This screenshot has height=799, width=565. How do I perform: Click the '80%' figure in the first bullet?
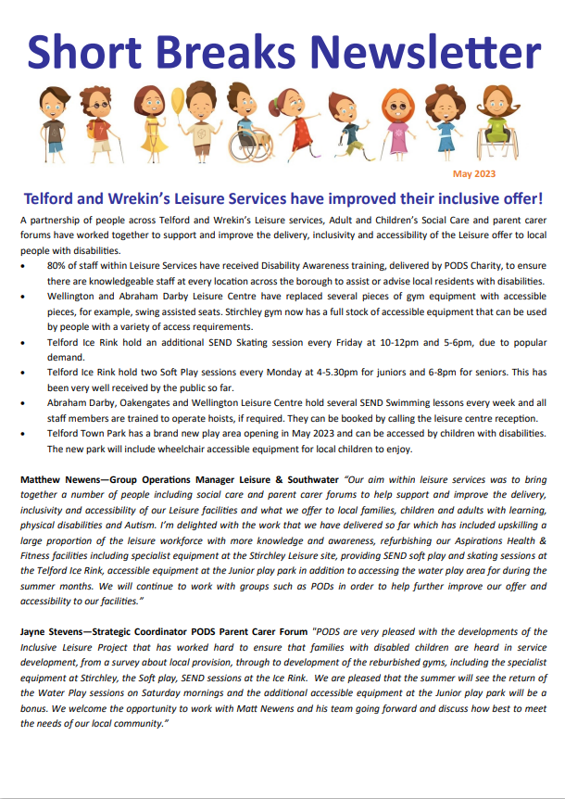tap(56, 265)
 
